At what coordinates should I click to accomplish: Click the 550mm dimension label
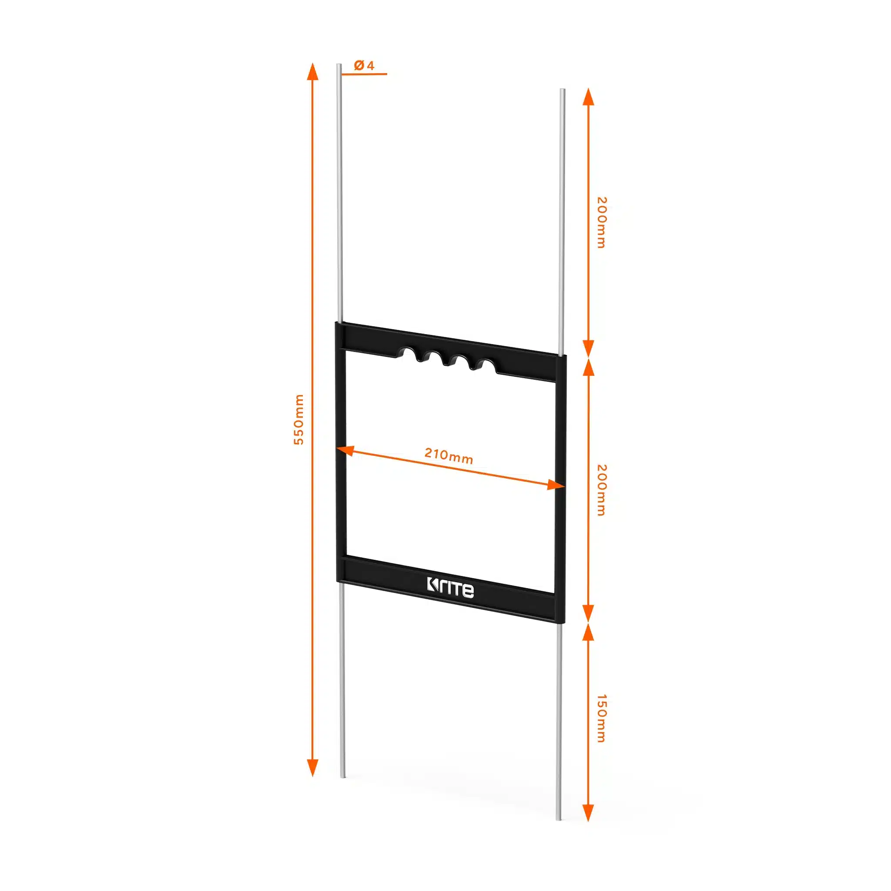299,419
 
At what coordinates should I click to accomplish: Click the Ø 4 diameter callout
364,66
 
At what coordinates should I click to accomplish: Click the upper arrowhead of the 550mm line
313,71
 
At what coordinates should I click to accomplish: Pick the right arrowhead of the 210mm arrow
556,485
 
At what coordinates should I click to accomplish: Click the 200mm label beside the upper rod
601,222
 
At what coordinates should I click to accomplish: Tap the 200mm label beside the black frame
601,490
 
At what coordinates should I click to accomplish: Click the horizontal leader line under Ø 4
364,74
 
